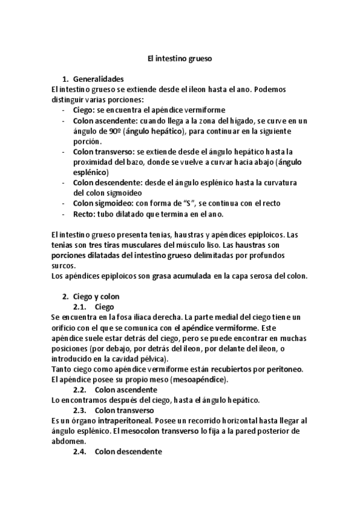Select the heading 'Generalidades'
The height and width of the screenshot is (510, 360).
tap(97, 79)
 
